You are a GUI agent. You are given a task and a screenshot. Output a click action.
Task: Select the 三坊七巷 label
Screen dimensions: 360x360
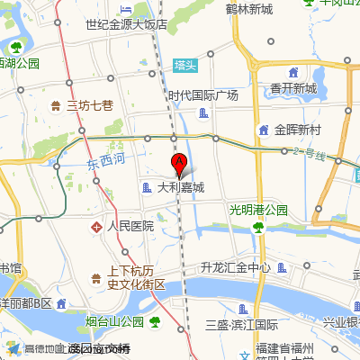90,105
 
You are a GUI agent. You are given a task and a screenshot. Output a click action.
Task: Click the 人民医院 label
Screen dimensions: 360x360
130,227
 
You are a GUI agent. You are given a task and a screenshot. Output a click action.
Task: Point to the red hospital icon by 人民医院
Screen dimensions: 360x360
97,227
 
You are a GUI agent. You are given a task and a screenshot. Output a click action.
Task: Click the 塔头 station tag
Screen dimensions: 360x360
185,65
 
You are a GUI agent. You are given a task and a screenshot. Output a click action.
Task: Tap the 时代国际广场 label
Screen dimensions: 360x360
202,95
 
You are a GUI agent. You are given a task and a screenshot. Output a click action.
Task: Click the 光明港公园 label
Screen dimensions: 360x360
258,210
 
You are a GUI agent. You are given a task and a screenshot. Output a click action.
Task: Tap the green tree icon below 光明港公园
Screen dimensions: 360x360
258,226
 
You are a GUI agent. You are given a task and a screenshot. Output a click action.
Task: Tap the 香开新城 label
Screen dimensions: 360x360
293,88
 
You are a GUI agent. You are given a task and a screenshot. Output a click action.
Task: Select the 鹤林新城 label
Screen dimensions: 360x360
249,9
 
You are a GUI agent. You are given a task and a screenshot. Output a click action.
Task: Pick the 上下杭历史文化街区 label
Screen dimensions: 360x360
131,276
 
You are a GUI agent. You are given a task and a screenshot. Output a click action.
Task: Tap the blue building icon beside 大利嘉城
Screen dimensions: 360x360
147,188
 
